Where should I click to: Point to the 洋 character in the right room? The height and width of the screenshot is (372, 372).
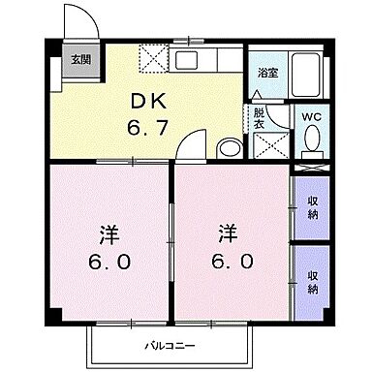pos(229,234)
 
